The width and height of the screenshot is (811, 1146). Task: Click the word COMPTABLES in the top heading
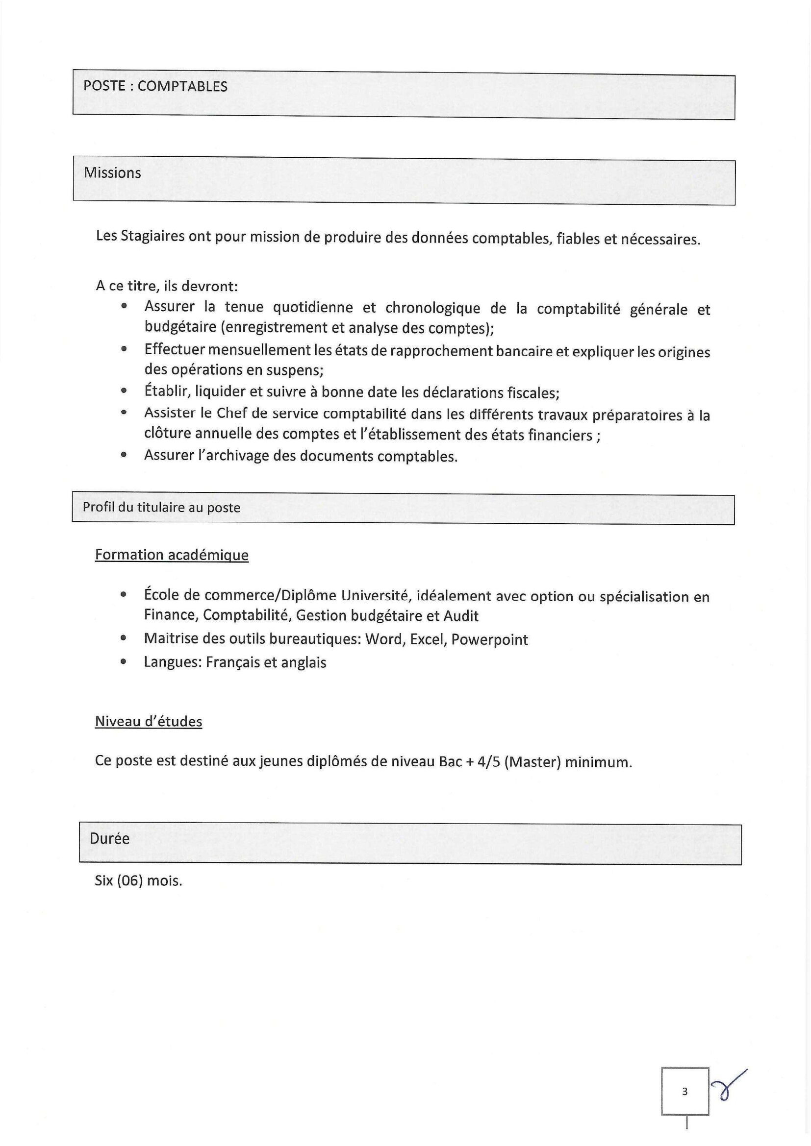[182, 86]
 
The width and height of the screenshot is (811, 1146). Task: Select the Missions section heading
[112, 172]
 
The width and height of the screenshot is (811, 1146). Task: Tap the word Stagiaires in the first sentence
[153, 236]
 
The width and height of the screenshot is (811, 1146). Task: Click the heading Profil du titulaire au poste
[161, 508]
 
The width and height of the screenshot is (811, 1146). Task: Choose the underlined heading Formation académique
[172, 555]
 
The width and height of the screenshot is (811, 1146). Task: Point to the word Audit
[460, 616]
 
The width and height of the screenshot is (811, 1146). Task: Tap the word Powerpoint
[489, 640]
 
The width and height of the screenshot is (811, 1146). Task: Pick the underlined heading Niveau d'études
[148, 722]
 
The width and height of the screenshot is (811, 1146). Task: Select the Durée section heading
[109, 838]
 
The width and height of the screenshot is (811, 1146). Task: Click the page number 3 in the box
[684, 1092]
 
